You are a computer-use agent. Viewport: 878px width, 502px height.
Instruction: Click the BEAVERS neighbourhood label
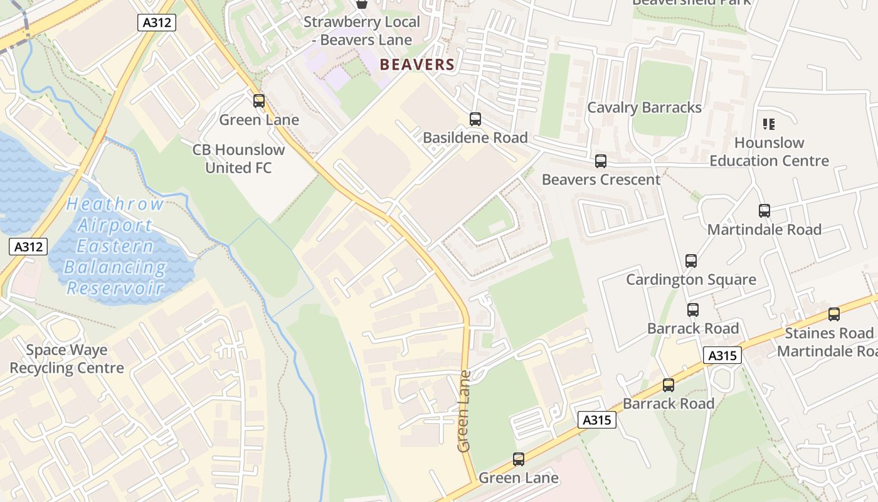(417, 65)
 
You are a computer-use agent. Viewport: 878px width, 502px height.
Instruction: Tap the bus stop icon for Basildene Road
(475, 119)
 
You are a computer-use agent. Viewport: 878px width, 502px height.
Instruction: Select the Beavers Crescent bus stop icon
(601, 161)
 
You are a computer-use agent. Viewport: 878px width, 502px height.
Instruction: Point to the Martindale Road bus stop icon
(764, 211)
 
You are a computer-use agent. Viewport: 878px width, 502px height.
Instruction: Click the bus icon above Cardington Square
(690, 260)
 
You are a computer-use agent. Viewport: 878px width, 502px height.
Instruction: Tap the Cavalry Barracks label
(644, 107)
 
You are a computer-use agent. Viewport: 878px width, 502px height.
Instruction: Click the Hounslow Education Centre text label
(769, 152)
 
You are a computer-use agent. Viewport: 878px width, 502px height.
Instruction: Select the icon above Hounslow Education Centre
(769, 124)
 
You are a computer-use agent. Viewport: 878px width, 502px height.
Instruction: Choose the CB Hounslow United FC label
(238, 159)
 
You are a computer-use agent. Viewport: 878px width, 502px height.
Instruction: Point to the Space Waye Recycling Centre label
(66, 359)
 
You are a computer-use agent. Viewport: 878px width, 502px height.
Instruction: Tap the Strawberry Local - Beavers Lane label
(362, 31)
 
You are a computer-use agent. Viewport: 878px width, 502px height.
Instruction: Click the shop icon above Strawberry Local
(362, 4)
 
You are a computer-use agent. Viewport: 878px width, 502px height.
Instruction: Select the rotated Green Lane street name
(464, 411)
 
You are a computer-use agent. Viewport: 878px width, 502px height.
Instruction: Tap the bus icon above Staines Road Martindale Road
(833, 314)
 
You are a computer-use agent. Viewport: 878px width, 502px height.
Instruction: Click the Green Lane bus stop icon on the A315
(519, 459)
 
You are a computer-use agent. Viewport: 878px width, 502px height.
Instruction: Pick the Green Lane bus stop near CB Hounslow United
(258, 101)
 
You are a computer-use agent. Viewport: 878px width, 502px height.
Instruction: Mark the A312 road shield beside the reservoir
(29, 247)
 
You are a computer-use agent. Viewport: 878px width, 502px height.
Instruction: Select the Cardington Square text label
(690, 280)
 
